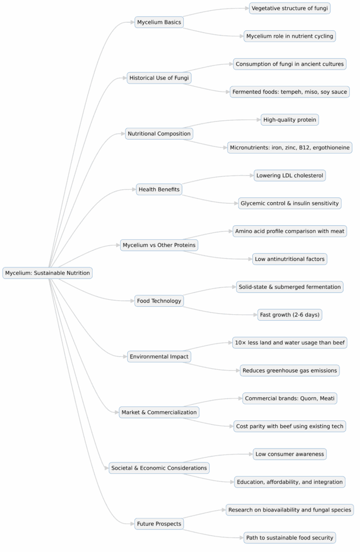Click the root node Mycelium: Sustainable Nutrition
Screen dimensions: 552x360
pos(47,273)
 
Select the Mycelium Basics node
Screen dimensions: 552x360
pos(159,22)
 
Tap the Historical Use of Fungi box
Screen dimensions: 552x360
pos(159,78)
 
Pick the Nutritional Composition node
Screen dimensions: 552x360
pos(159,133)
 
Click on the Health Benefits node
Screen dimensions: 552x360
pos(159,189)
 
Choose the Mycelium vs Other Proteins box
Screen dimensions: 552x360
pos(159,245)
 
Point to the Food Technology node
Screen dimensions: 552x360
pos(159,301)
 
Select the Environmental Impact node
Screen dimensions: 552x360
pos(159,356)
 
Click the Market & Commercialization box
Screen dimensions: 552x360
pos(159,412)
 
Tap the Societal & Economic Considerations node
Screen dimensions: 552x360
pos(159,468)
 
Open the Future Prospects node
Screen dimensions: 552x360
pos(159,523)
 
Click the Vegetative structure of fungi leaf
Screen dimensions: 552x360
pos(290,8)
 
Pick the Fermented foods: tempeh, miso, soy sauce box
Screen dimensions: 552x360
pos(290,92)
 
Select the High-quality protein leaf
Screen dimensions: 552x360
pos(290,120)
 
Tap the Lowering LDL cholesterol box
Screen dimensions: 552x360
pos(290,175)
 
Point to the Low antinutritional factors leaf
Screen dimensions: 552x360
pos(290,259)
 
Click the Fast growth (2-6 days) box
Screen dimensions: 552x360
pos(290,315)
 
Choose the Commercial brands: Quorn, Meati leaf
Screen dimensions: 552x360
pos(290,398)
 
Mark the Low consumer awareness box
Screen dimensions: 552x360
pos(290,454)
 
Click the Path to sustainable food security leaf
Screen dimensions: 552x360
pos(290,537)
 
